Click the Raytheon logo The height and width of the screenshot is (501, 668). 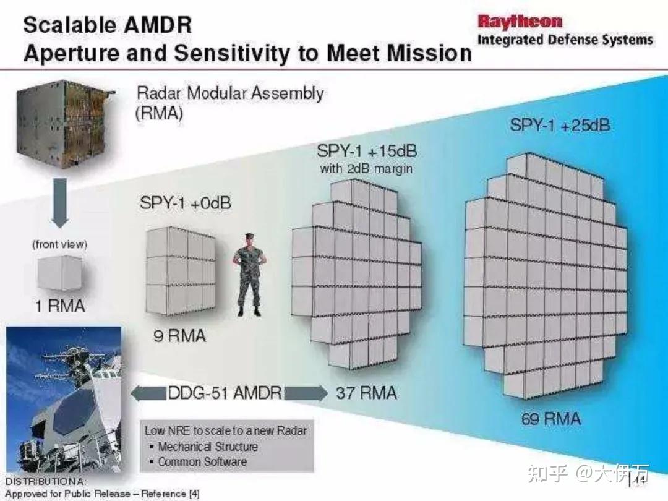(x=520, y=22)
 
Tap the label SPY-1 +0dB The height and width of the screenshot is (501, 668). (x=186, y=203)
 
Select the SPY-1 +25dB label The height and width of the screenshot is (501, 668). (x=560, y=125)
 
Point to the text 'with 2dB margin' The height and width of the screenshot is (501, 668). (x=366, y=169)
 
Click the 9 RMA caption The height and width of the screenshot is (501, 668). (x=179, y=336)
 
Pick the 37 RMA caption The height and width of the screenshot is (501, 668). (x=366, y=393)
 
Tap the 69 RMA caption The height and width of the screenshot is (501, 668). (x=551, y=418)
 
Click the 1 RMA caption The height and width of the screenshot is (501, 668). (x=60, y=306)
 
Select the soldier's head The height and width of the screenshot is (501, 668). (x=250, y=240)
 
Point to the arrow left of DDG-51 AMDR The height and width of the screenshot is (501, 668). (x=148, y=393)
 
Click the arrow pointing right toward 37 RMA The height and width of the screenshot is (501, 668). (x=306, y=393)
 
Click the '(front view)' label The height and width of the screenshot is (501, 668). (x=59, y=244)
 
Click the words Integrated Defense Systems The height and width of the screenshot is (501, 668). (x=565, y=40)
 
